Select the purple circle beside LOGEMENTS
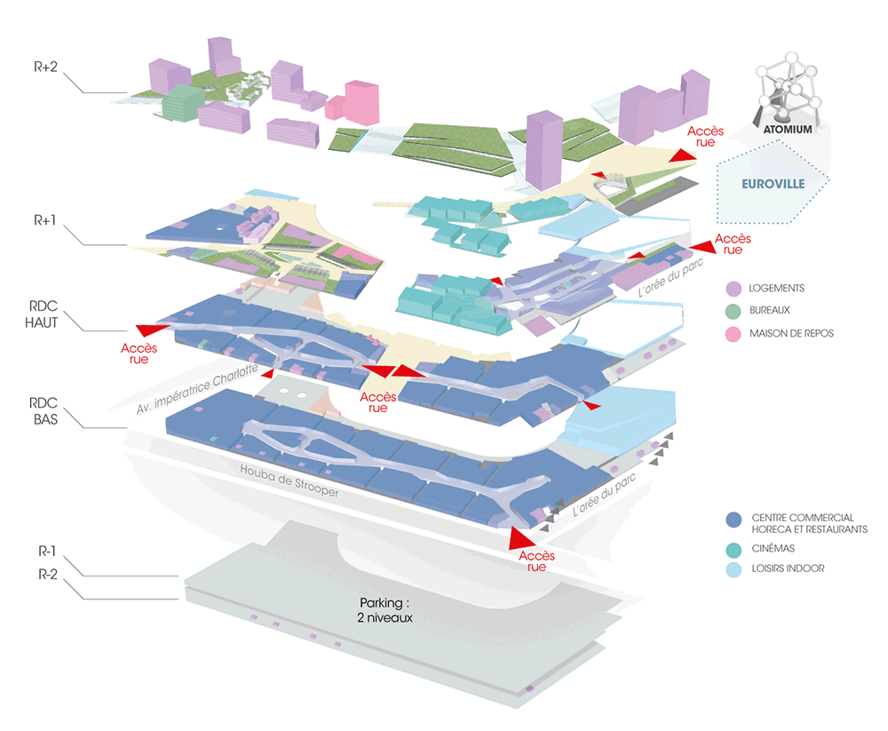click(733, 289)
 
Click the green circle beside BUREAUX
click(733, 311)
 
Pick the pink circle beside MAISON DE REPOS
click(733, 333)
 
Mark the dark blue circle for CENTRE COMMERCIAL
click(733, 519)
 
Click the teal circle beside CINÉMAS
click(733, 549)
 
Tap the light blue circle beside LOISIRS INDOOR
click(733, 568)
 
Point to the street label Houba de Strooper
click(289, 480)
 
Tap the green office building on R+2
click(182, 103)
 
